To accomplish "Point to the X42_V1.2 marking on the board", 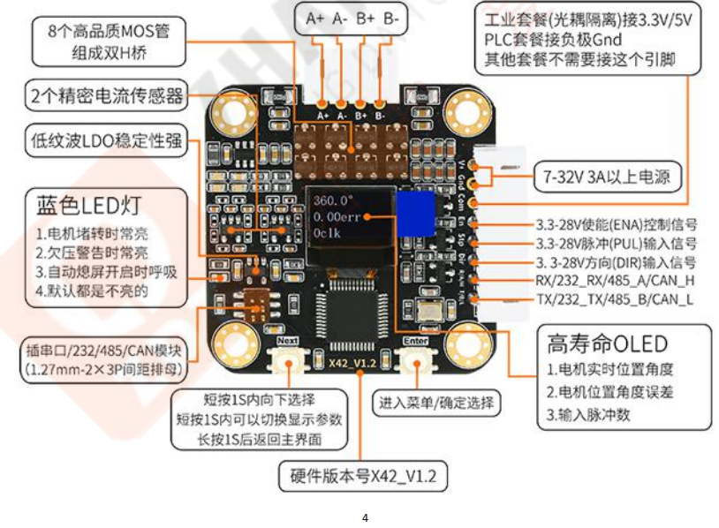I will pyautogui.click(x=351, y=363).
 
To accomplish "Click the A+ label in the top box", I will pyautogui.click(x=315, y=17).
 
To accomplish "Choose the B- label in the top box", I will pyautogui.click(x=391, y=17).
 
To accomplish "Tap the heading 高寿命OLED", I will pyautogui.click(x=607, y=343).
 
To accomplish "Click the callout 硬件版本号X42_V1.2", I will pyautogui.click(x=363, y=477).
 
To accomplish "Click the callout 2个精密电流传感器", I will pyautogui.click(x=107, y=94).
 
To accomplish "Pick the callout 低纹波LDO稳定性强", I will pyautogui.click(x=107, y=140).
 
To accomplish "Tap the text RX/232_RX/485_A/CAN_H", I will pyautogui.click(x=615, y=281).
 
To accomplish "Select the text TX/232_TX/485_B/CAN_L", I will pyautogui.click(x=614, y=299).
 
